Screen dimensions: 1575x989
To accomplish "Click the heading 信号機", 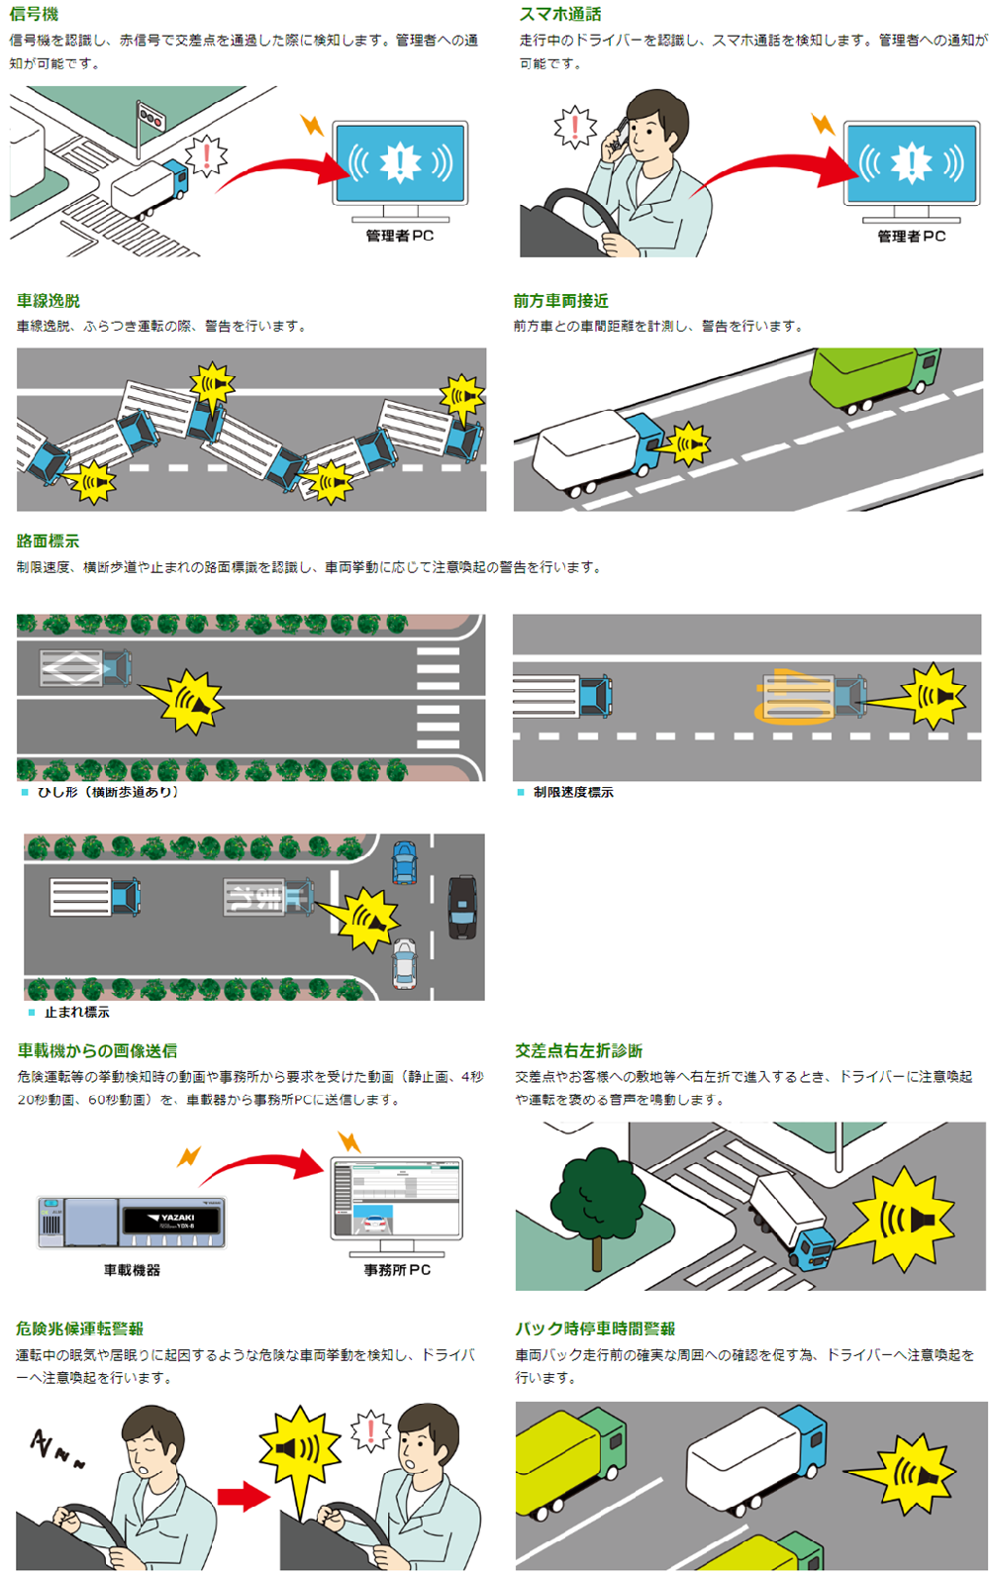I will point(34,14).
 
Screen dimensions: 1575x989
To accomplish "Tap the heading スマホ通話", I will point(560,14).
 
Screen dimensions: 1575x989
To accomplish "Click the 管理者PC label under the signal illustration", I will point(400,236).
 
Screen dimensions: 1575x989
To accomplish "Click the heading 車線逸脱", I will point(48,300).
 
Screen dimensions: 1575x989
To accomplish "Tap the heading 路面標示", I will point(48,541).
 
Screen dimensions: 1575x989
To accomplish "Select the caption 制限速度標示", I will point(573,792).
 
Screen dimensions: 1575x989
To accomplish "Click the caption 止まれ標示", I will point(76,1012).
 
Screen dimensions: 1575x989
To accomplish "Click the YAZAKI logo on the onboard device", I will point(177,1217).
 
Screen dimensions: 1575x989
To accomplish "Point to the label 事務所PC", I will point(397,1269).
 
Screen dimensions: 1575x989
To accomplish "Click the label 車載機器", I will point(132,1269).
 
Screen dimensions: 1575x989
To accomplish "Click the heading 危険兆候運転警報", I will point(79,1329).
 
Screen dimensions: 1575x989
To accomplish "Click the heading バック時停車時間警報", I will point(595,1329).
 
